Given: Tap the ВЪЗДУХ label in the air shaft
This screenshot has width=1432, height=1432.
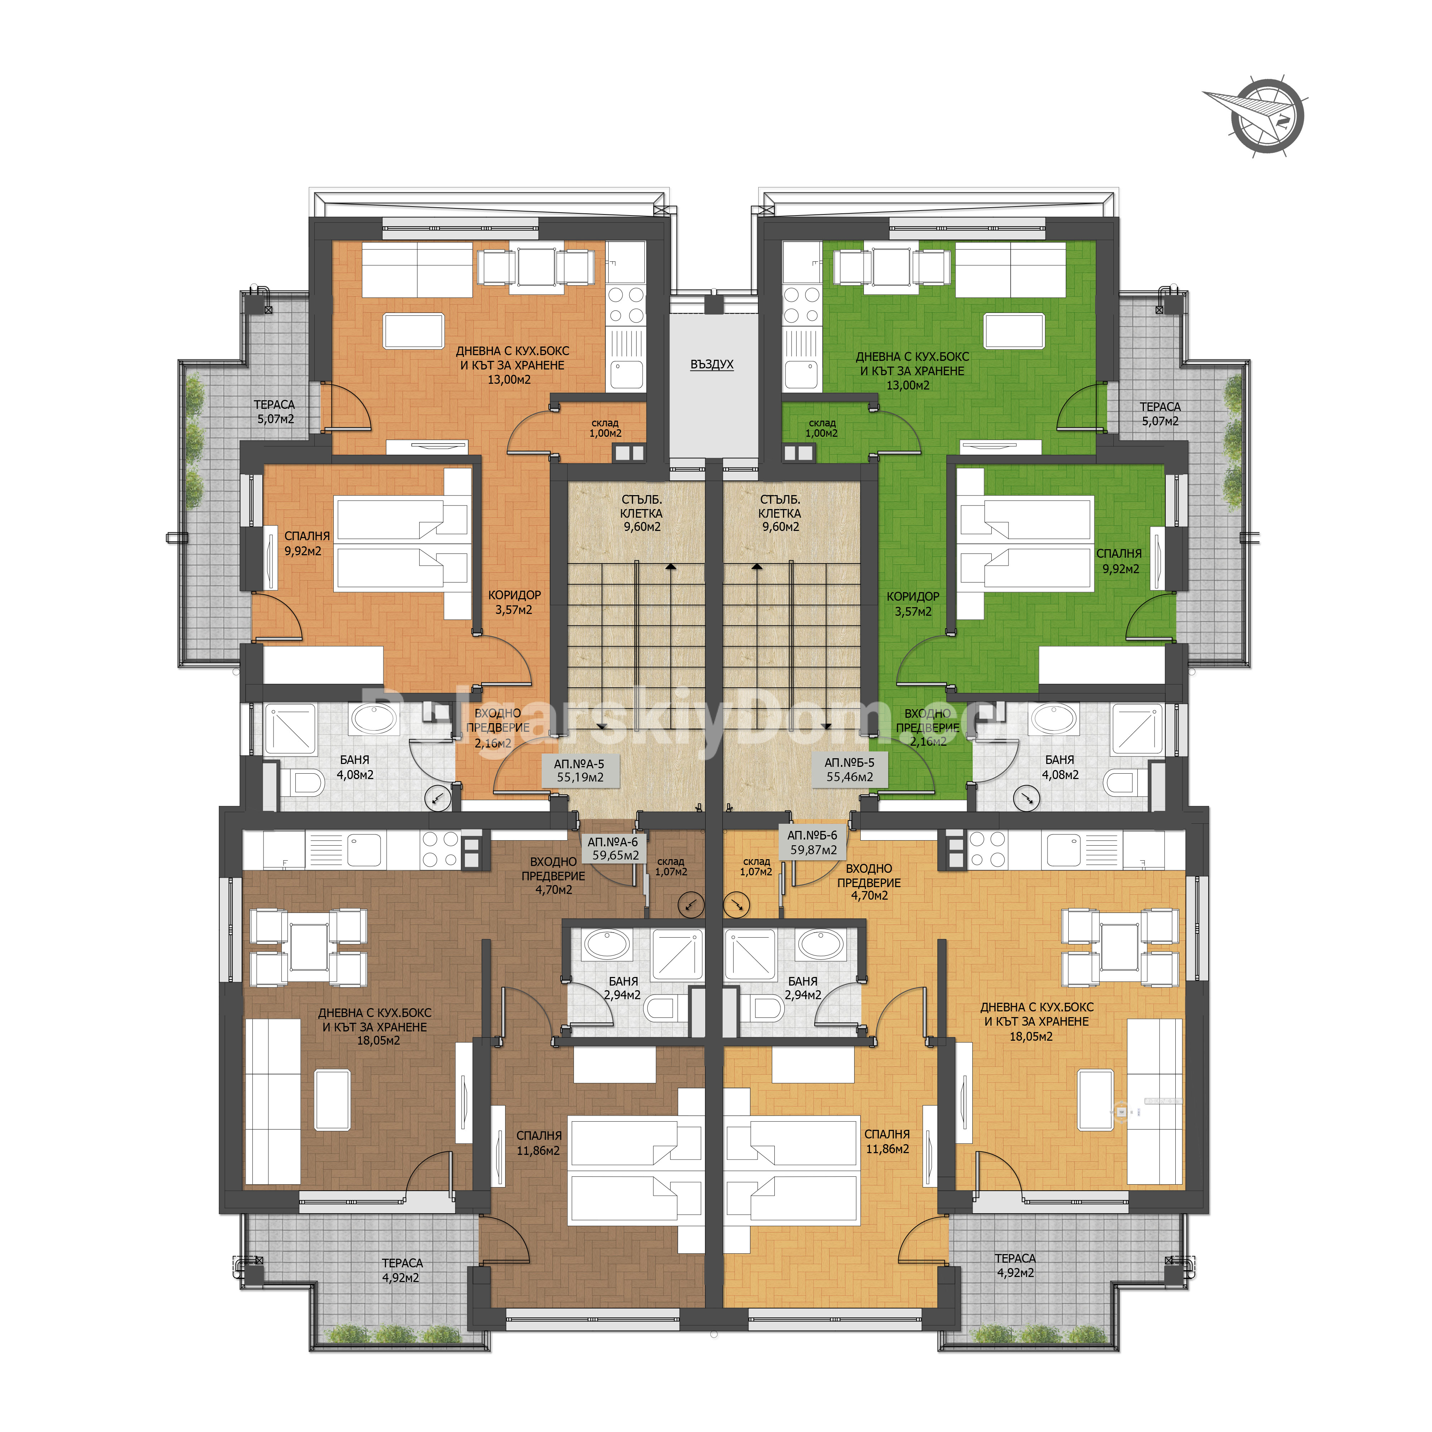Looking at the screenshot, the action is point(712,365).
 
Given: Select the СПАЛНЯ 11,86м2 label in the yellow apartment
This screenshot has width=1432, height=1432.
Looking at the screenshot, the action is point(887,1141).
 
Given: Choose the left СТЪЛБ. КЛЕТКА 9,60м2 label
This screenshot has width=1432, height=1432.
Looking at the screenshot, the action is point(642,513).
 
